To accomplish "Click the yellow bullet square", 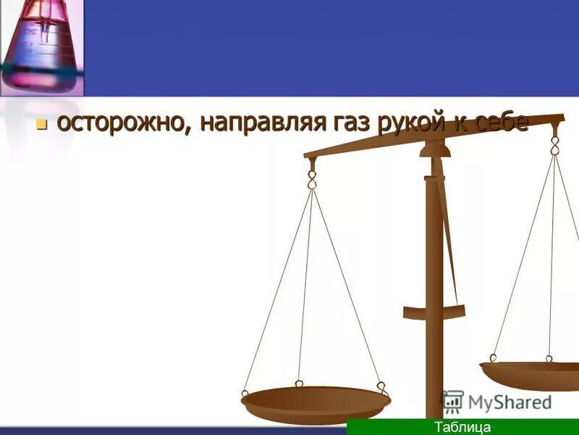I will coord(41,124).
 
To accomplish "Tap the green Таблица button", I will coord(462,427).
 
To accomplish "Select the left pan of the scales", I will coord(316,403).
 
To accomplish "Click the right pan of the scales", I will coord(532,373).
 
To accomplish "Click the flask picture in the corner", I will coord(41,48).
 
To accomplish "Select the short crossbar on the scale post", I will coord(435,312).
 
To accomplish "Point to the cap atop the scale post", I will coord(434,149).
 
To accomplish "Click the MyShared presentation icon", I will coord(452,401).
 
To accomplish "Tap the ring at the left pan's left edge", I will coord(245,394).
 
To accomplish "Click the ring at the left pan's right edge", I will coord(381,386).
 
